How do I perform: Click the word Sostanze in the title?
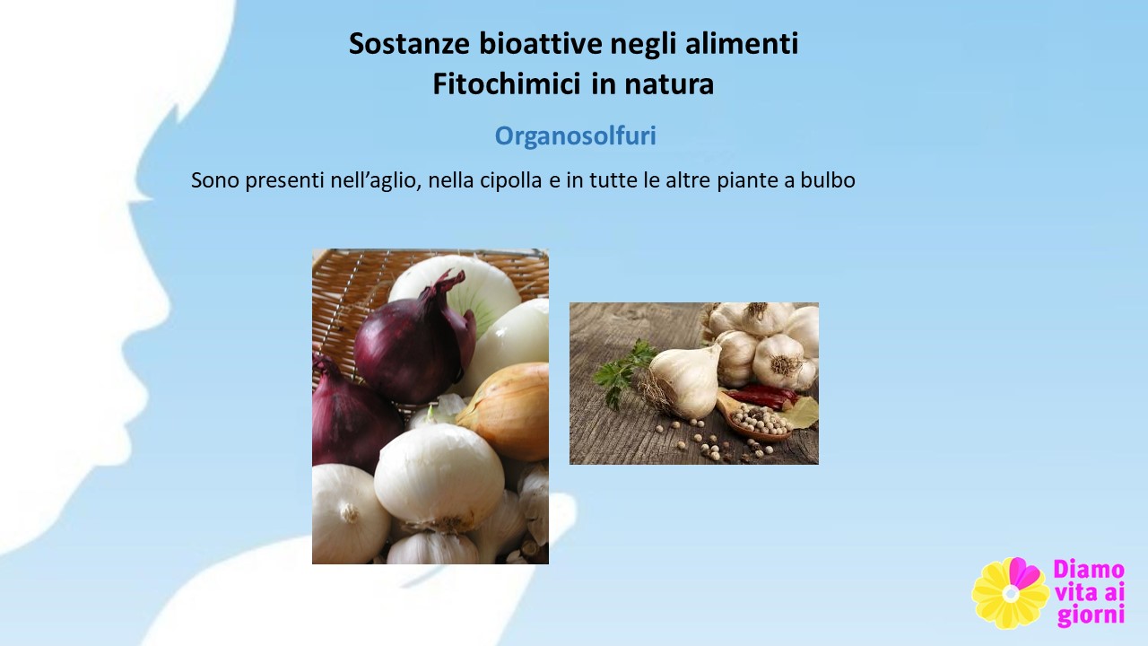[409, 43]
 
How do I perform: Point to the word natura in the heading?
[669, 84]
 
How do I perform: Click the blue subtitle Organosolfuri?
[575, 135]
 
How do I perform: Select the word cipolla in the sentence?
[511, 180]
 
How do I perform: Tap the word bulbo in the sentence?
[828, 180]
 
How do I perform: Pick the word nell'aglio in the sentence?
[376, 180]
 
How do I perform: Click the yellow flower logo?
[1010, 593]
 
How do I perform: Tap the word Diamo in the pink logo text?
[1089, 570]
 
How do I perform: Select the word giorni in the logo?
[1091, 615]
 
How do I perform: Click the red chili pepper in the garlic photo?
[762, 397]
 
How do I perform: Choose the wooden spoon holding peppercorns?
[752, 418]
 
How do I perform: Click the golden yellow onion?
[505, 410]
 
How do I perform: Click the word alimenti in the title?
[742, 43]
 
